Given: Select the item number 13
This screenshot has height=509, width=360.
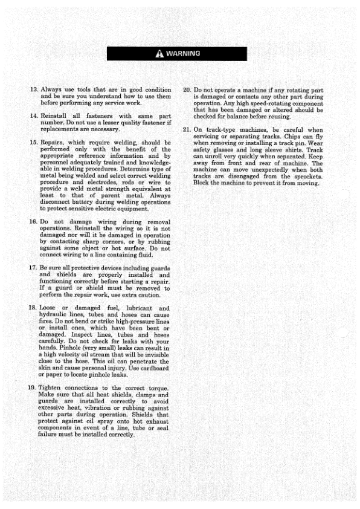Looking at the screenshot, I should [34, 89].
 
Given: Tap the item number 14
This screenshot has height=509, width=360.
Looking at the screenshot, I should [34, 115].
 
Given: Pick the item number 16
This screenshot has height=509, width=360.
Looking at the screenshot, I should [34, 222].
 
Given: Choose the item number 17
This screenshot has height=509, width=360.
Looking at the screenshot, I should [34, 267].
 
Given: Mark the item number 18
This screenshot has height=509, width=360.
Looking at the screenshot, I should [34, 309].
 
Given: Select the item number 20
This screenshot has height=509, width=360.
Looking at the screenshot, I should [187, 89].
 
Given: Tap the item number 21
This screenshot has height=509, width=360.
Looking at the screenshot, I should [187, 129].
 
